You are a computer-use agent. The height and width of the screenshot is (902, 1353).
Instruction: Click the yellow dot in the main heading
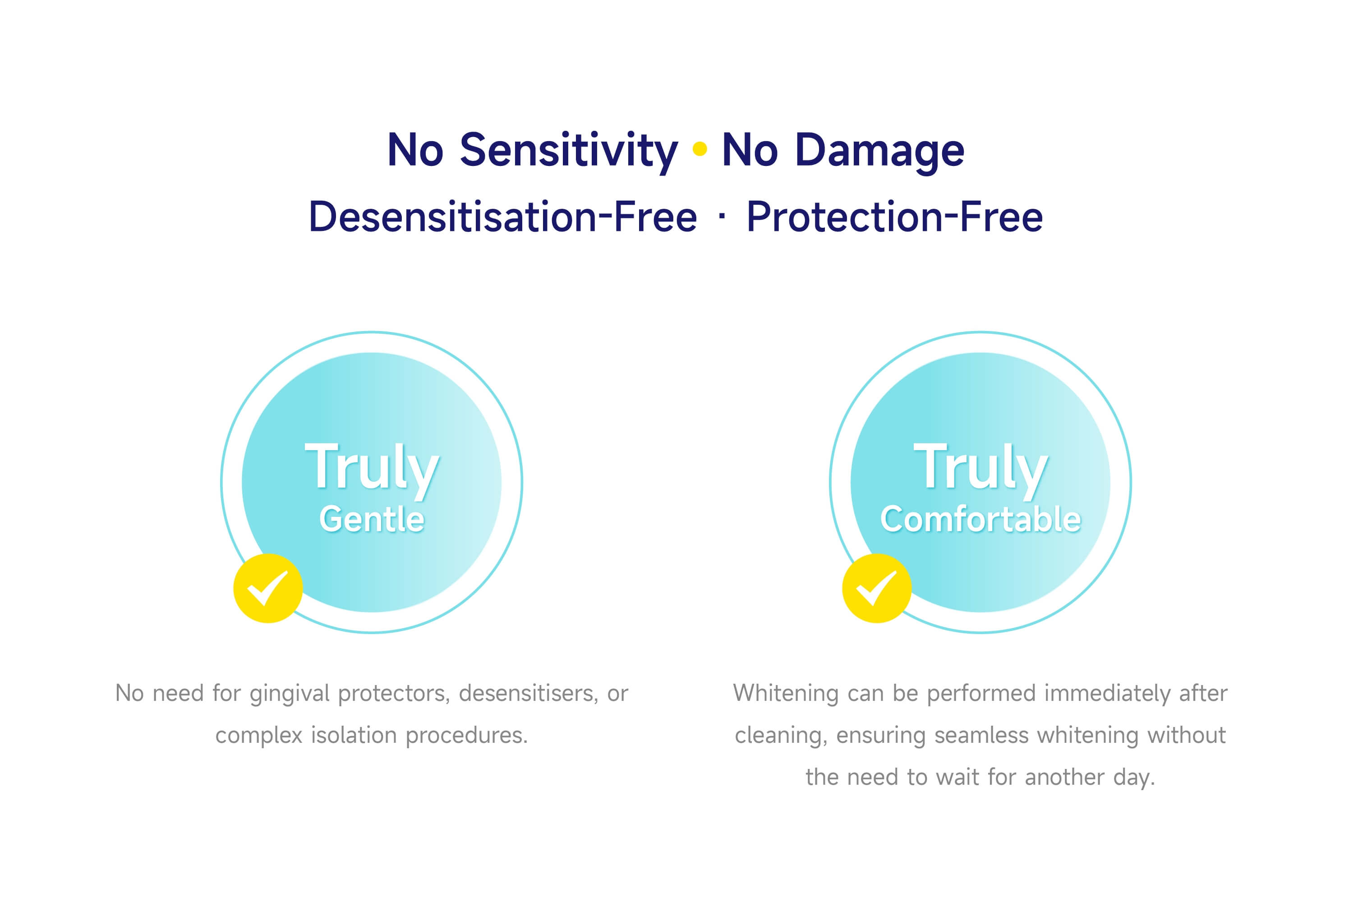(x=700, y=149)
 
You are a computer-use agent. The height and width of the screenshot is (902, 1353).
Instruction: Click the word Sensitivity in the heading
(x=568, y=151)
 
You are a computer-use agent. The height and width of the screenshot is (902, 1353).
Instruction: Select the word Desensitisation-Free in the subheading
(x=503, y=217)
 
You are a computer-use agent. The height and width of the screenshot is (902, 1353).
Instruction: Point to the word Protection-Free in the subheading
(x=894, y=217)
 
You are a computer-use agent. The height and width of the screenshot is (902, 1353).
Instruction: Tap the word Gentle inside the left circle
(x=372, y=519)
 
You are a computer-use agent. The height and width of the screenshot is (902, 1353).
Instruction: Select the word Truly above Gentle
(x=372, y=469)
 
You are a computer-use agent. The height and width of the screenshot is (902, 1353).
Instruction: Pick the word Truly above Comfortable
(x=981, y=469)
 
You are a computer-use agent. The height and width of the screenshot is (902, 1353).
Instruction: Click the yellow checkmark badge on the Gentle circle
(x=268, y=588)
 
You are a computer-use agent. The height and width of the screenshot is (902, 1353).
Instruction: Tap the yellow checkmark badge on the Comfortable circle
(x=877, y=588)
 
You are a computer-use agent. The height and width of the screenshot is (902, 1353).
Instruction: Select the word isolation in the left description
(x=354, y=735)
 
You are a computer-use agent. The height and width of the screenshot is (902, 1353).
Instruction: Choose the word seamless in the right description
(x=981, y=736)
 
